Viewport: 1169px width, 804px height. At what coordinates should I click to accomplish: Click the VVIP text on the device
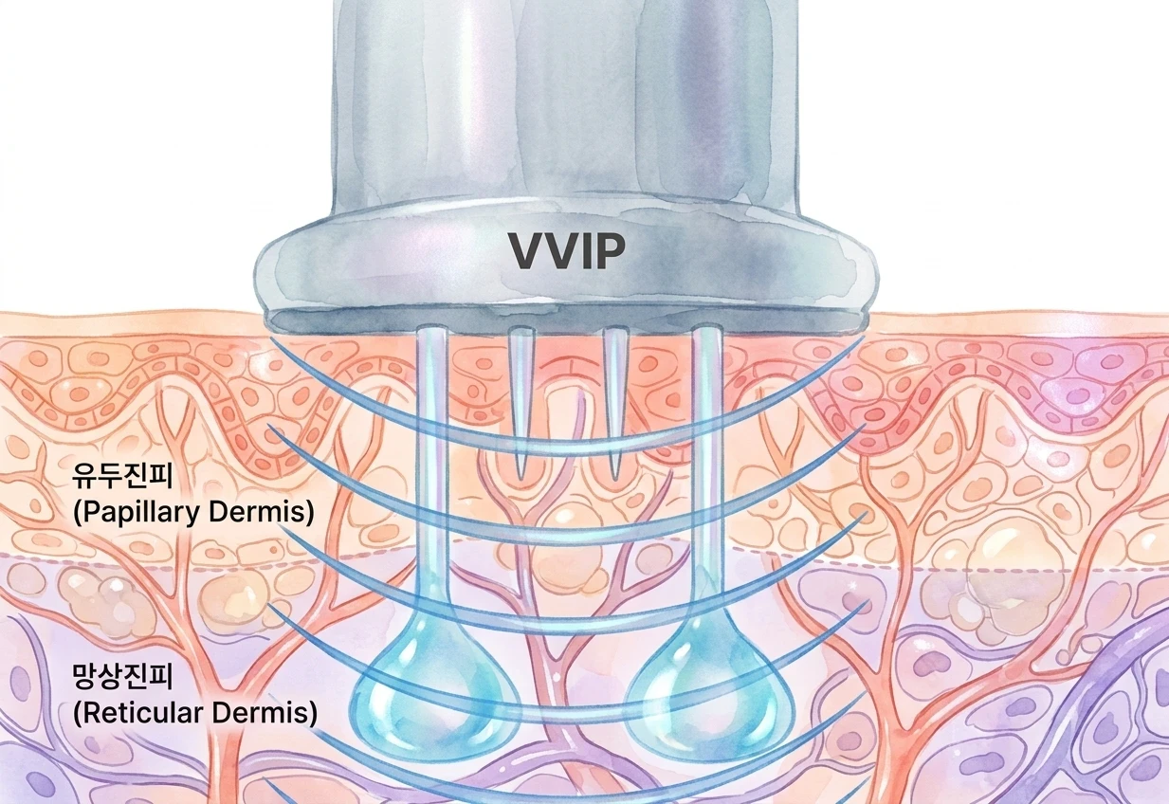point(566,251)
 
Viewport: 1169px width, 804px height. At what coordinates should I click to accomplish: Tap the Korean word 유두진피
point(122,476)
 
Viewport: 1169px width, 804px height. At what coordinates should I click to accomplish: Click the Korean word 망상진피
point(122,676)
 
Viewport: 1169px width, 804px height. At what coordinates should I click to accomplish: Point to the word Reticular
point(142,713)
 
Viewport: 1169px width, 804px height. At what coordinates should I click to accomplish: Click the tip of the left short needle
point(521,479)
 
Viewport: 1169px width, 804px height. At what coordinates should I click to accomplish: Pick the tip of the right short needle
point(614,479)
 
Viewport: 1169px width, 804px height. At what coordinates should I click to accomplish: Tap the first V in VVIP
point(527,251)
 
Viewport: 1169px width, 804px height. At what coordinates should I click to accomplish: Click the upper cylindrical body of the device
point(566,104)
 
